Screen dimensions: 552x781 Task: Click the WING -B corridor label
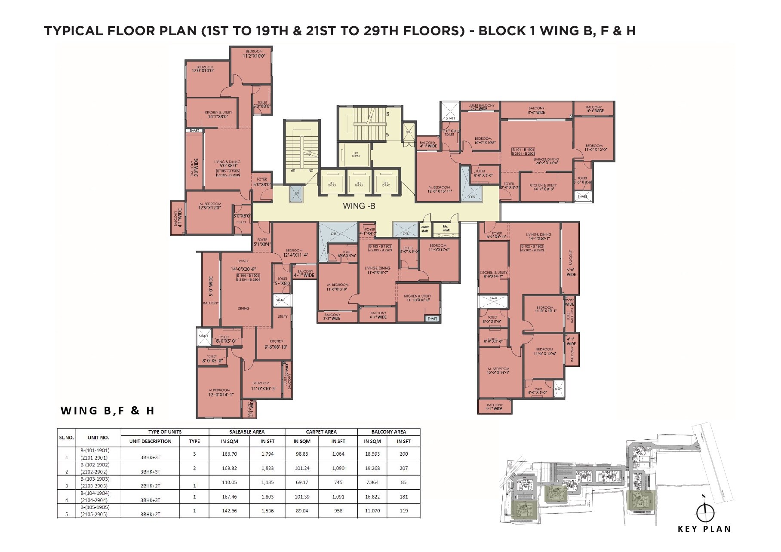click(359, 206)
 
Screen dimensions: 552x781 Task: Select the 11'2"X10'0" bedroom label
click(254, 54)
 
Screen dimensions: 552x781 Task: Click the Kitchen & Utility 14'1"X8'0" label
click(218, 114)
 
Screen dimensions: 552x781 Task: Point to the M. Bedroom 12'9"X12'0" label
click(210, 206)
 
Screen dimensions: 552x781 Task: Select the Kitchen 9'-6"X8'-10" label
click(276, 344)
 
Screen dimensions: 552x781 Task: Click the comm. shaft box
click(425, 229)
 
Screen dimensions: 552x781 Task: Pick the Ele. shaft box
click(446, 228)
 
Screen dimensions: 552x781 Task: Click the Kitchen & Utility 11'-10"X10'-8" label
click(417, 298)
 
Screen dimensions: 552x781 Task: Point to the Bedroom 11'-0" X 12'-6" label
click(544, 352)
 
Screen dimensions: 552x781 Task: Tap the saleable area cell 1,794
click(268, 454)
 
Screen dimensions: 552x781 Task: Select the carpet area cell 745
click(338, 482)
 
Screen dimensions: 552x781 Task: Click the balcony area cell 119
click(403, 511)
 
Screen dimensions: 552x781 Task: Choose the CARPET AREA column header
click(321, 432)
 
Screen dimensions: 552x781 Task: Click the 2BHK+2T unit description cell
click(150, 486)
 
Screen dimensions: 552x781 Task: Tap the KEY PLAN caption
click(704, 529)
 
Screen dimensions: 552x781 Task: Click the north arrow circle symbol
click(705, 512)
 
